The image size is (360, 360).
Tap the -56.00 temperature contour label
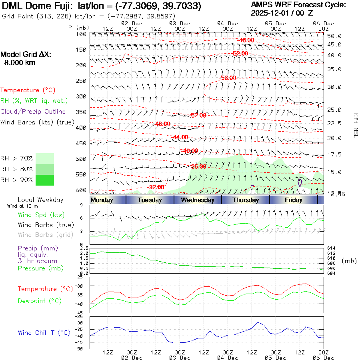pyautogui.click(x=228, y=78)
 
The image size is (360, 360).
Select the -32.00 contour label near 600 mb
pyautogui.click(x=156, y=187)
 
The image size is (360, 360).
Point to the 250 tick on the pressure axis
pyautogui.click(x=81, y=81)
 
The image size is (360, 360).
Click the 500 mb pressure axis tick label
pyautogui.click(x=81, y=159)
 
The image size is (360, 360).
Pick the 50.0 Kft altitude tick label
pyautogui.click(x=334, y=36)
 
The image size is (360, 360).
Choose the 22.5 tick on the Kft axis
pyautogui.click(x=334, y=123)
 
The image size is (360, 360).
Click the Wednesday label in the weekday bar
pyautogui.click(x=198, y=200)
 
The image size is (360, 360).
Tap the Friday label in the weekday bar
pyautogui.click(x=294, y=200)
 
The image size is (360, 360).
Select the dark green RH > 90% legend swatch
pyautogui.click(x=45, y=180)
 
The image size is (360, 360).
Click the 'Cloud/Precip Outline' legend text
pyautogui.click(x=33, y=112)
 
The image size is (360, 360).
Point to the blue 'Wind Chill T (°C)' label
pyautogui.click(x=44, y=333)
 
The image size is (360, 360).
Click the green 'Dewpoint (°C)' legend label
pyautogui.click(x=40, y=301)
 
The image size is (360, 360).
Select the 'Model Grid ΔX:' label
pyautogui.click(x=26, y=54)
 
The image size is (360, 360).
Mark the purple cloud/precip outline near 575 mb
pyautogui.click(x=300, y=183)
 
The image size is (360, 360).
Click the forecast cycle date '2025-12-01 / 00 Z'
pyautogui.click(x=284, y=13)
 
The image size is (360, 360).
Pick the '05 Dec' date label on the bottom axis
pyautogui.click(x=276, y=358)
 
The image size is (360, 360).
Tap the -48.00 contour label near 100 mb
pyautogui.click(x=246, y=40)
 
